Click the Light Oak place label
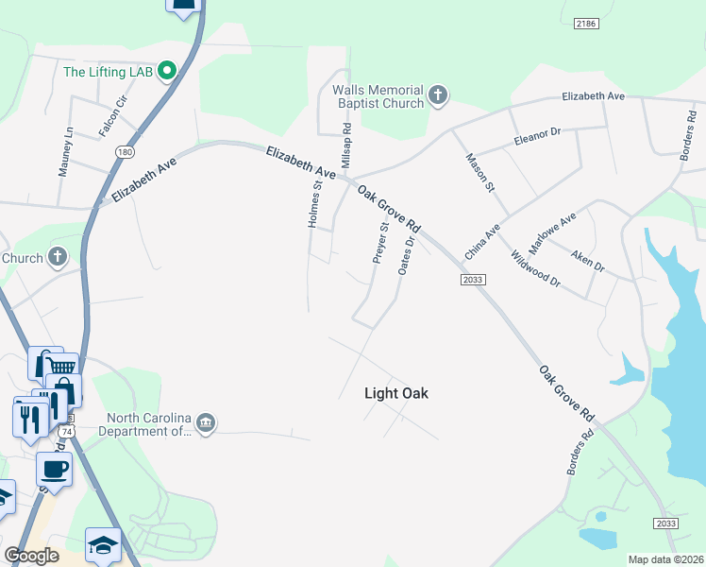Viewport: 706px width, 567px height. (395, 393)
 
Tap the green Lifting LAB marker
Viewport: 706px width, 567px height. (168, 71)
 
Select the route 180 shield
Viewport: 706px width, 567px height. (125, 151)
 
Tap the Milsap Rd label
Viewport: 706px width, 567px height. (346, 146)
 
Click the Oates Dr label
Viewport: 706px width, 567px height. (407, 255)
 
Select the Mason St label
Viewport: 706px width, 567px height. (480, 173)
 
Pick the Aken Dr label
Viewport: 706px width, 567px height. (587, 260)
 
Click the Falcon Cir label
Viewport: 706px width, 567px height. (112, 116)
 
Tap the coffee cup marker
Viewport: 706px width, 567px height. (53, 468)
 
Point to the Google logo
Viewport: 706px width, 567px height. (31, 556)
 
